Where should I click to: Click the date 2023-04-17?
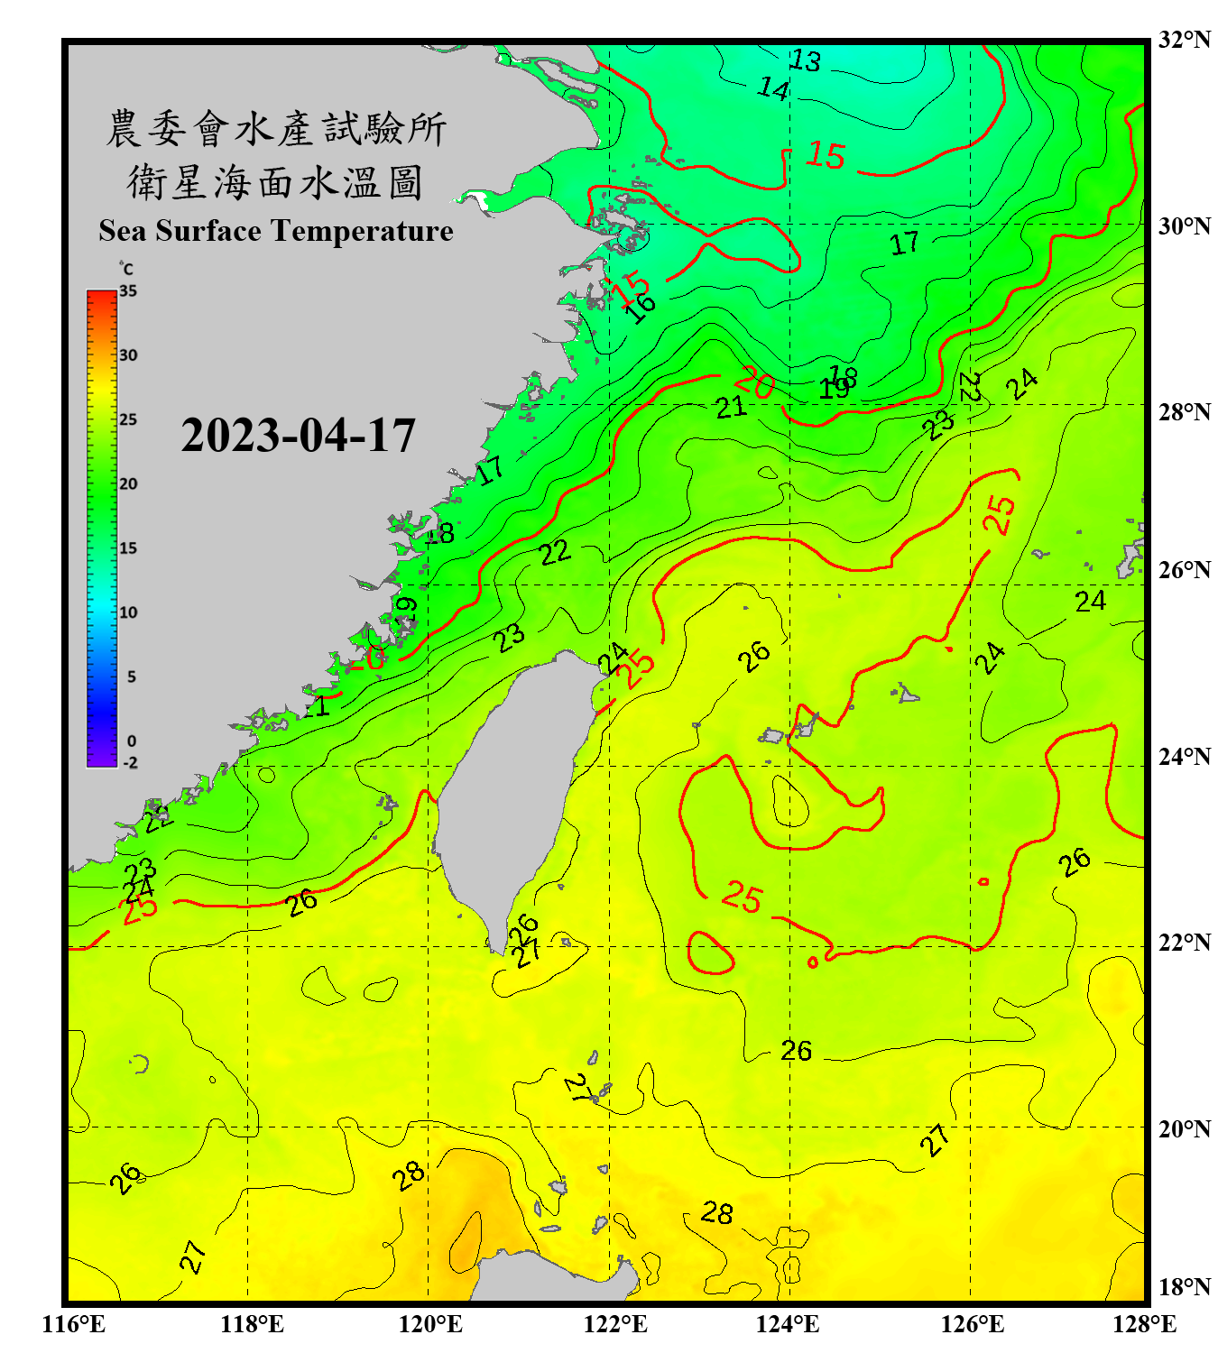click(298, 436)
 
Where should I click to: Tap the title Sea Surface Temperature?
click(276, 231)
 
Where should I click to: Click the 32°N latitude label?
click(1184, 40)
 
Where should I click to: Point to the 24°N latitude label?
click(1184, 756)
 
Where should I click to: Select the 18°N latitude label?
click(1184, 1286)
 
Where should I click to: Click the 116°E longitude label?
click(73, 1324)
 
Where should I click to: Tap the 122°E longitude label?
click(615, 1324)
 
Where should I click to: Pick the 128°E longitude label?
click(1144, 1324)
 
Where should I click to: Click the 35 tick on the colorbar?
click(128, 291)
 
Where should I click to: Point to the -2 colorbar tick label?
click(130, 763)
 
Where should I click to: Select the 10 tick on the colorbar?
click(128, 612)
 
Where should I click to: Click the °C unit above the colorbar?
click(126, 269)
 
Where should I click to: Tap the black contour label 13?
click(805, 60)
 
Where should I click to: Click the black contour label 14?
click(773, 88)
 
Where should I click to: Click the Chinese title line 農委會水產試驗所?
click(276, 129)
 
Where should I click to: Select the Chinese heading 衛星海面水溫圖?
click(276, 182)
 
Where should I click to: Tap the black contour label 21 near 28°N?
click(731, 408)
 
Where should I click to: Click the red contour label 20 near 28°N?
click(755, 382)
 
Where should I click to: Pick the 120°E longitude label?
click(430, 1324)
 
